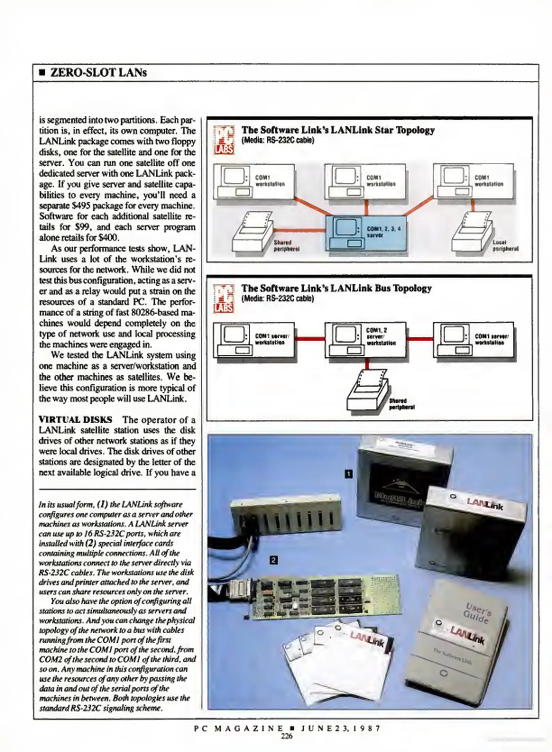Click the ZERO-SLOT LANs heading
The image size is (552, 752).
click(x=99, y=73)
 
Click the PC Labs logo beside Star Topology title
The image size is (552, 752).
click(x=224, y=140)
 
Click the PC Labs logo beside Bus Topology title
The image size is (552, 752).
click(x=224, y=298)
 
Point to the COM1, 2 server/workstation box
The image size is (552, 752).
click(x=365, y=340)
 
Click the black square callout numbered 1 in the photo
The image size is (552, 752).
click(x=348, y=474)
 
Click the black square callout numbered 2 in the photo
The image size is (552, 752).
click(x=274, y=560)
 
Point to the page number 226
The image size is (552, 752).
click(x=287, y=736)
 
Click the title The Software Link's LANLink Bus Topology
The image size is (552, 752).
click(x=336, y=288)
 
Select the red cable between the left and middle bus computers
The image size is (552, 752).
click(x=310, y=338)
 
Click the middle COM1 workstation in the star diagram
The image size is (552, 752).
click(x=365, y=181)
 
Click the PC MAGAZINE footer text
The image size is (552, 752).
click(x=239, y=728)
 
